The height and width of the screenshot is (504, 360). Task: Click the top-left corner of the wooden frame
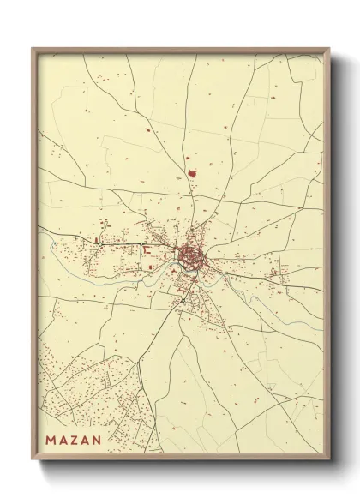[x=32, y=48]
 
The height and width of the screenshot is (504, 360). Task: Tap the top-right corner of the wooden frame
[x=330, y=48]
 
